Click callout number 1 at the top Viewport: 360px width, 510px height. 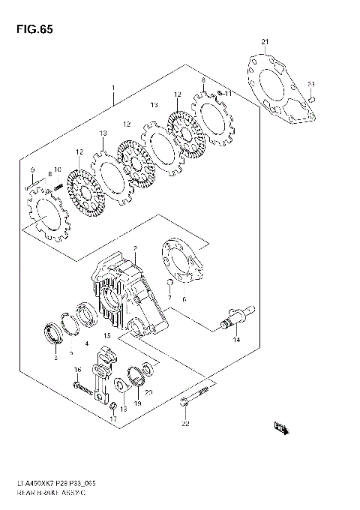point(112,87)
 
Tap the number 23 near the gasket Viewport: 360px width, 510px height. point(310,83)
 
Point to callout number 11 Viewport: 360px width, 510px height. point(228,94)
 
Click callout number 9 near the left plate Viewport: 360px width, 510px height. point(31,169)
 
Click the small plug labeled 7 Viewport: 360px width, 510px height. point(171,283)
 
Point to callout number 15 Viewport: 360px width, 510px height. point(107,335)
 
